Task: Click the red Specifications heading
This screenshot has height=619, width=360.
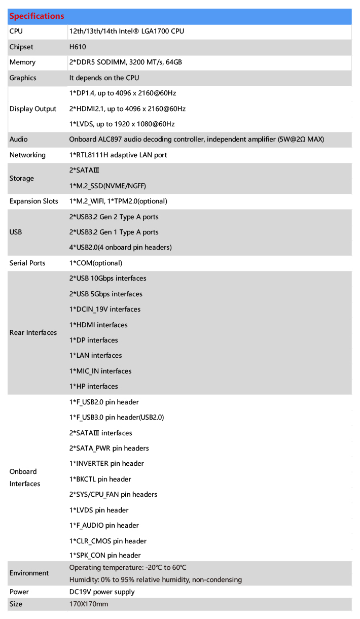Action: coord(37,16)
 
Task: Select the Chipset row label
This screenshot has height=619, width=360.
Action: coord(21,47)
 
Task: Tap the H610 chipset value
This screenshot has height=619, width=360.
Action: coord(78,47)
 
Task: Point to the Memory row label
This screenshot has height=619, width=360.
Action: coord(22,62)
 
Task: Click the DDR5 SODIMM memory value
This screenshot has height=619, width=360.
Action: coord(125,62)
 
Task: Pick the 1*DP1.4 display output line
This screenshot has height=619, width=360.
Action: coord(123,93)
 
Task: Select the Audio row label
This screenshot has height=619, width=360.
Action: coord(19,140)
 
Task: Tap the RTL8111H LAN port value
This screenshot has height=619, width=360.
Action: coord(118,155)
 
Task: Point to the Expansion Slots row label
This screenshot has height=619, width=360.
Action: coord(33,201)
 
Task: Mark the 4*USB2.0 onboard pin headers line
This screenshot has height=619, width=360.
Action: coord(120,248)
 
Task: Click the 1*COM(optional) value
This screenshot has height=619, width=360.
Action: coord(96,263)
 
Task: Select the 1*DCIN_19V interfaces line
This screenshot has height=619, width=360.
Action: coord(105,309)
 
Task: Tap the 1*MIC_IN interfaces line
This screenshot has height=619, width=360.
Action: coord(100,371)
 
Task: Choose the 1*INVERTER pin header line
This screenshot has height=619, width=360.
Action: coord(106,464)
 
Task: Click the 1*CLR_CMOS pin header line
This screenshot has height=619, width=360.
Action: coord(108,541)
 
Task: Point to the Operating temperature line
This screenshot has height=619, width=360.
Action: coord(131,568)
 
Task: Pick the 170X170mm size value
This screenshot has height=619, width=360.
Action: coord(89,604)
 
